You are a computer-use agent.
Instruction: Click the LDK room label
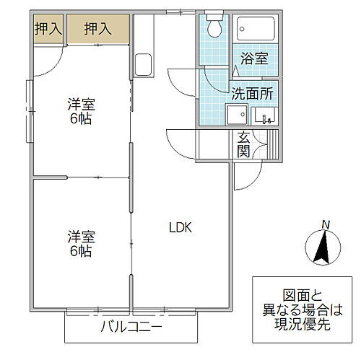click(x=179, y=227)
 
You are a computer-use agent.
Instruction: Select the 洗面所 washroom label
click(x=251, y=92)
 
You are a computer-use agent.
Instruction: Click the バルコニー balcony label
click(x=131, y=328)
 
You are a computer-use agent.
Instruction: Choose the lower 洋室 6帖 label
click(x=80, y=244)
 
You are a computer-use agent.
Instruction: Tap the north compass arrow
click(x=324, y=250)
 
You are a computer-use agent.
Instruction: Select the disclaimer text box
click(x=302, y=308)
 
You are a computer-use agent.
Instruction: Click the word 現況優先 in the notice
click(x=302, y=324)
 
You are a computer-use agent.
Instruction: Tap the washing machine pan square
click(x=235, y=115)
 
